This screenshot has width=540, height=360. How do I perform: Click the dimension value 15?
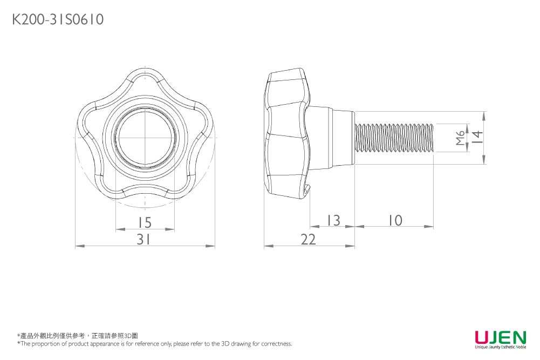coord(145,222)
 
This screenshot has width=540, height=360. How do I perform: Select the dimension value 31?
coord(143,239)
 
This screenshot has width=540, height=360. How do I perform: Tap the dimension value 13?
coord(333,220)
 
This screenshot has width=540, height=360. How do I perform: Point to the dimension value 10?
coord(395,220)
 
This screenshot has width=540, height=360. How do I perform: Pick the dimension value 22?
coord(308,239)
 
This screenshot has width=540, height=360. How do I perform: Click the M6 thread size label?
coord(460,138)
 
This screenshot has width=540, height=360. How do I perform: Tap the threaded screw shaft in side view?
coord(394,138)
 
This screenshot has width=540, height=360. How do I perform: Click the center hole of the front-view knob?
coord(145,138)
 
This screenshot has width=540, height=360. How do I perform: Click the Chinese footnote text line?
coord(78,336)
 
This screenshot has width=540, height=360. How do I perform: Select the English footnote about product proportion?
coord(155,344)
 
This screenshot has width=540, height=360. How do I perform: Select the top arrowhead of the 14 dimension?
coord(484,115)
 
